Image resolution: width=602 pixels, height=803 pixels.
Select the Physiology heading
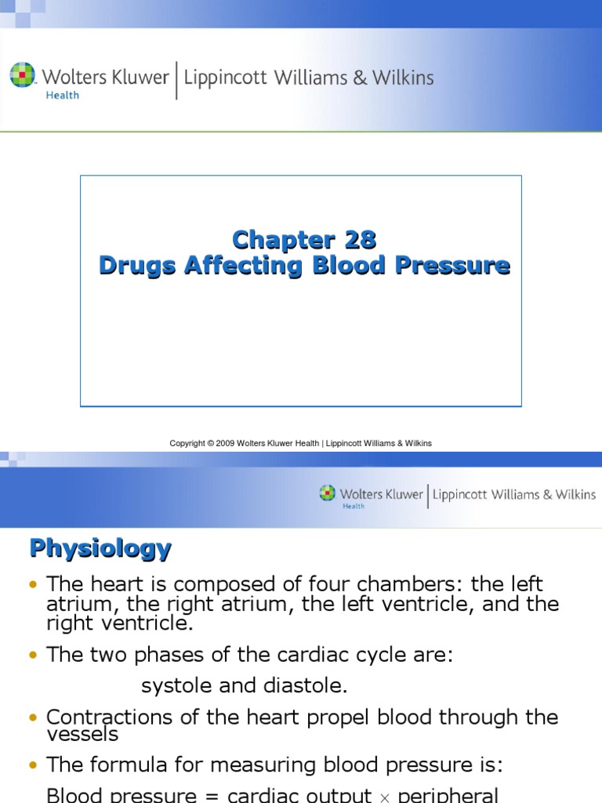pyautogui.click(x=100, y=548)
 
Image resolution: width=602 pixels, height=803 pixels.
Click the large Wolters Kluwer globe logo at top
pyautogui.click(x=24, y=76)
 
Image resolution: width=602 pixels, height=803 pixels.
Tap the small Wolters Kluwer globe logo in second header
pyautogui.click(x=327, y=493)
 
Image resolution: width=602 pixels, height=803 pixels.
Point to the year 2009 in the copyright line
pyautogui.click(x=227, y=443)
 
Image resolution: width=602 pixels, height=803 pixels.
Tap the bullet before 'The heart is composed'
pyautogui.click(x=32, y=585)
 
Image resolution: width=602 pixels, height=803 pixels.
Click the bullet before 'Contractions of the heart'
pyautogui.click(x=32, y=718)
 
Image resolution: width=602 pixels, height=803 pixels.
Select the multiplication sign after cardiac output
pyautogui.click(x=384, y=797)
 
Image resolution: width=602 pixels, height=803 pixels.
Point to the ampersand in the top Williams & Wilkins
pyautogui.click(x=372, y=78)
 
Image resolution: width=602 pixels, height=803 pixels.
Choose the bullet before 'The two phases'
pyautogui.click(x=32, y=656)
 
